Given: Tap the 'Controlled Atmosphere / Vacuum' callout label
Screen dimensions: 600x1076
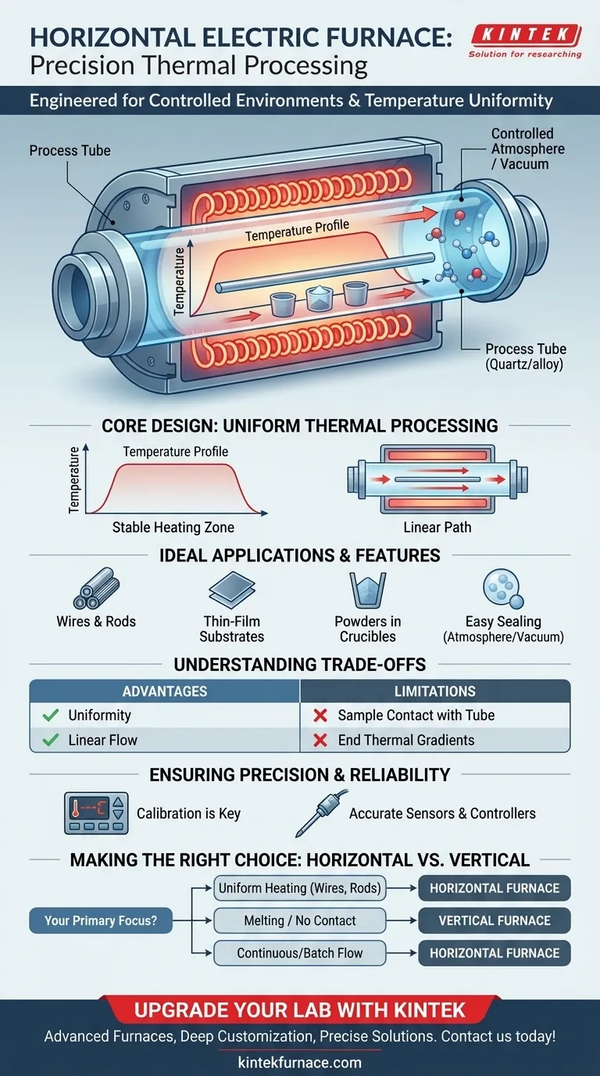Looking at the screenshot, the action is pyautogui.click(x=528, y=149).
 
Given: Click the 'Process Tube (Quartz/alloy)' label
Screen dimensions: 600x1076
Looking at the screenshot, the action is pyautogui.click(x=526, y=357).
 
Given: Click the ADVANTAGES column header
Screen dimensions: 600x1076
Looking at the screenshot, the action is pyautogui.click(x=165, y=691).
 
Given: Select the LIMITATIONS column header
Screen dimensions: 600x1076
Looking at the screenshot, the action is pyautogui.click(x=434, y=691).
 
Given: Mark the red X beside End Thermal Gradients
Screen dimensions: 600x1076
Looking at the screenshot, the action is pyautogui.click(x=319, y=740).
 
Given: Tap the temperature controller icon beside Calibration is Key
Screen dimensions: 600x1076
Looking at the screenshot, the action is pyautogui.click(x=95, y=812).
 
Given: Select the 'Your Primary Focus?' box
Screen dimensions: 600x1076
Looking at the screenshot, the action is pyautogui.click(x=101, y=920).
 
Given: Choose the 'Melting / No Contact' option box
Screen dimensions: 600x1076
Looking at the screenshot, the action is pyautogui.click(x=300, y=920).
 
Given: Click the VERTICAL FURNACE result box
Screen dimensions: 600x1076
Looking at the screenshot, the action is pyautogui.click(x=494, y=920).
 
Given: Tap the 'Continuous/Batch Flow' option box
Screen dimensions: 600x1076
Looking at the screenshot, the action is pyautogui.click(x=300, y=952).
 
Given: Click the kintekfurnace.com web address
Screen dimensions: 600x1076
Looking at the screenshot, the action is pyautogui.click(x=300, y=1062).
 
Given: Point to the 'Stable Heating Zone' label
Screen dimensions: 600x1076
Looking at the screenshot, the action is pyautogui.click(x=173, y=527).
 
